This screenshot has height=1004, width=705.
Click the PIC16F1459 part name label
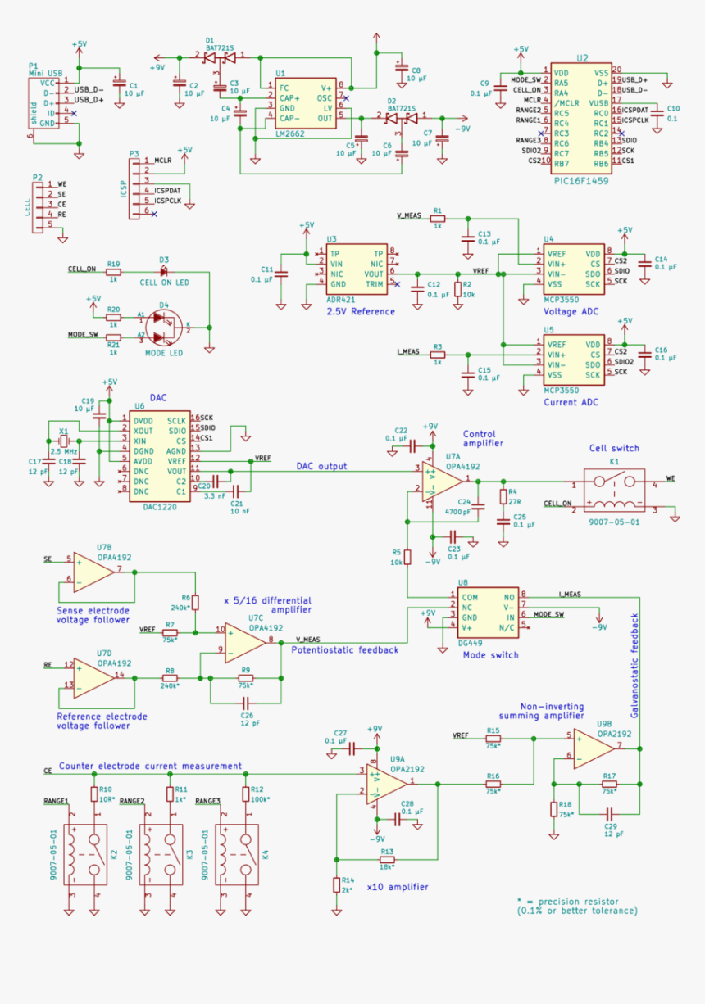[580, 180]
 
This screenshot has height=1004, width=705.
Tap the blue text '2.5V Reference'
[360, 312]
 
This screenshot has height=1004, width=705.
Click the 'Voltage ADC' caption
[571, 312]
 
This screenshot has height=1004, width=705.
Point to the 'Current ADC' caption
[571, 402]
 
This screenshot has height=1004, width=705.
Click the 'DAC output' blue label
[321, 466]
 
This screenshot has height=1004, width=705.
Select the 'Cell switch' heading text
[614, 448]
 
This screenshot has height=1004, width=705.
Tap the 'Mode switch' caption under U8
[490, 655]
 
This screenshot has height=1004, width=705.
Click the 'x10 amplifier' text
[397, 887]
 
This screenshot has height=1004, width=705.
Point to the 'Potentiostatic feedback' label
[344, 649]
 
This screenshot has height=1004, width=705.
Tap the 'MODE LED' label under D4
[164, 353]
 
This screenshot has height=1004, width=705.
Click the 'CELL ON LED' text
[164, 283]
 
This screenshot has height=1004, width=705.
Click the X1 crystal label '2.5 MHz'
[64, 451]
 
